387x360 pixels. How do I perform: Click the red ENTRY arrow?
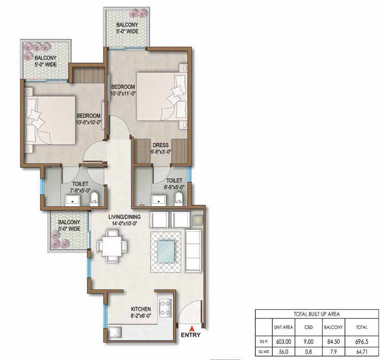coord(191,328)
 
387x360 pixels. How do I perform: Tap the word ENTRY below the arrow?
coord(191,335)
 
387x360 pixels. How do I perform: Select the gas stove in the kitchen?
coord(165,308)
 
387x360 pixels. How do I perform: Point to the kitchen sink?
coord(115,332)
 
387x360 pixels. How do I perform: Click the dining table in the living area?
coord(112,246)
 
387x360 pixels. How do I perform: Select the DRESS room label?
coord(160,145)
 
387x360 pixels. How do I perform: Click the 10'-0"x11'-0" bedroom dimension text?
coord(123,94)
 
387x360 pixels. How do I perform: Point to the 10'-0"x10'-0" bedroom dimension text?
coord(89,122)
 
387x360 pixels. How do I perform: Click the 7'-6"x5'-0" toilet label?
coord(80,191)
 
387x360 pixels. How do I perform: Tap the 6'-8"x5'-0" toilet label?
coord(174,187)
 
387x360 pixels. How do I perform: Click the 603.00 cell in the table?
coord(283,342)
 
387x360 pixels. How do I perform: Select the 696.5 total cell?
coord(362,342)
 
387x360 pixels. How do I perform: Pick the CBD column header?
coord(308,327)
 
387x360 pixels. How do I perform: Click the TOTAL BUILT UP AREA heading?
coord(316,314)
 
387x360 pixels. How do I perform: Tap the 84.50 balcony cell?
coord(333,342)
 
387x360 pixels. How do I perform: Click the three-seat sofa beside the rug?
coord(193,250)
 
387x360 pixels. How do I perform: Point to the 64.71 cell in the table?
coord(362,351)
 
